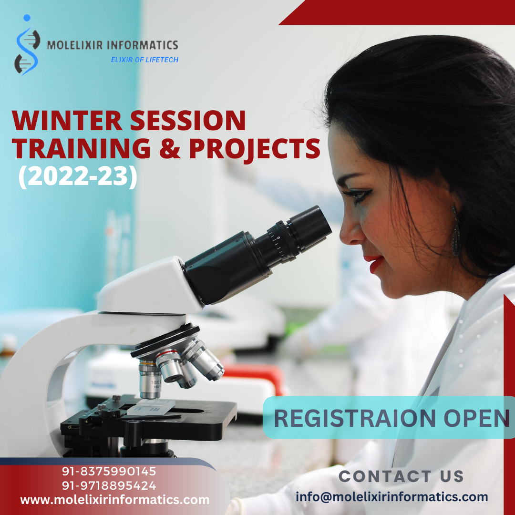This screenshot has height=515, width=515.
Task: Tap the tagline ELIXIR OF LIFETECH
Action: coord(144,60)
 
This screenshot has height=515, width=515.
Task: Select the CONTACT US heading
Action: coord(401,476)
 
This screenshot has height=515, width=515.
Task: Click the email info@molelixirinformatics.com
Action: coord(391,496)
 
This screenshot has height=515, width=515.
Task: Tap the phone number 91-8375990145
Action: coord(109,472)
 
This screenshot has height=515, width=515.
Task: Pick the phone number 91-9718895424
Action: coord(109,486)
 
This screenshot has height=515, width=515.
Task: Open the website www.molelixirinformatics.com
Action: coord(114,500)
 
